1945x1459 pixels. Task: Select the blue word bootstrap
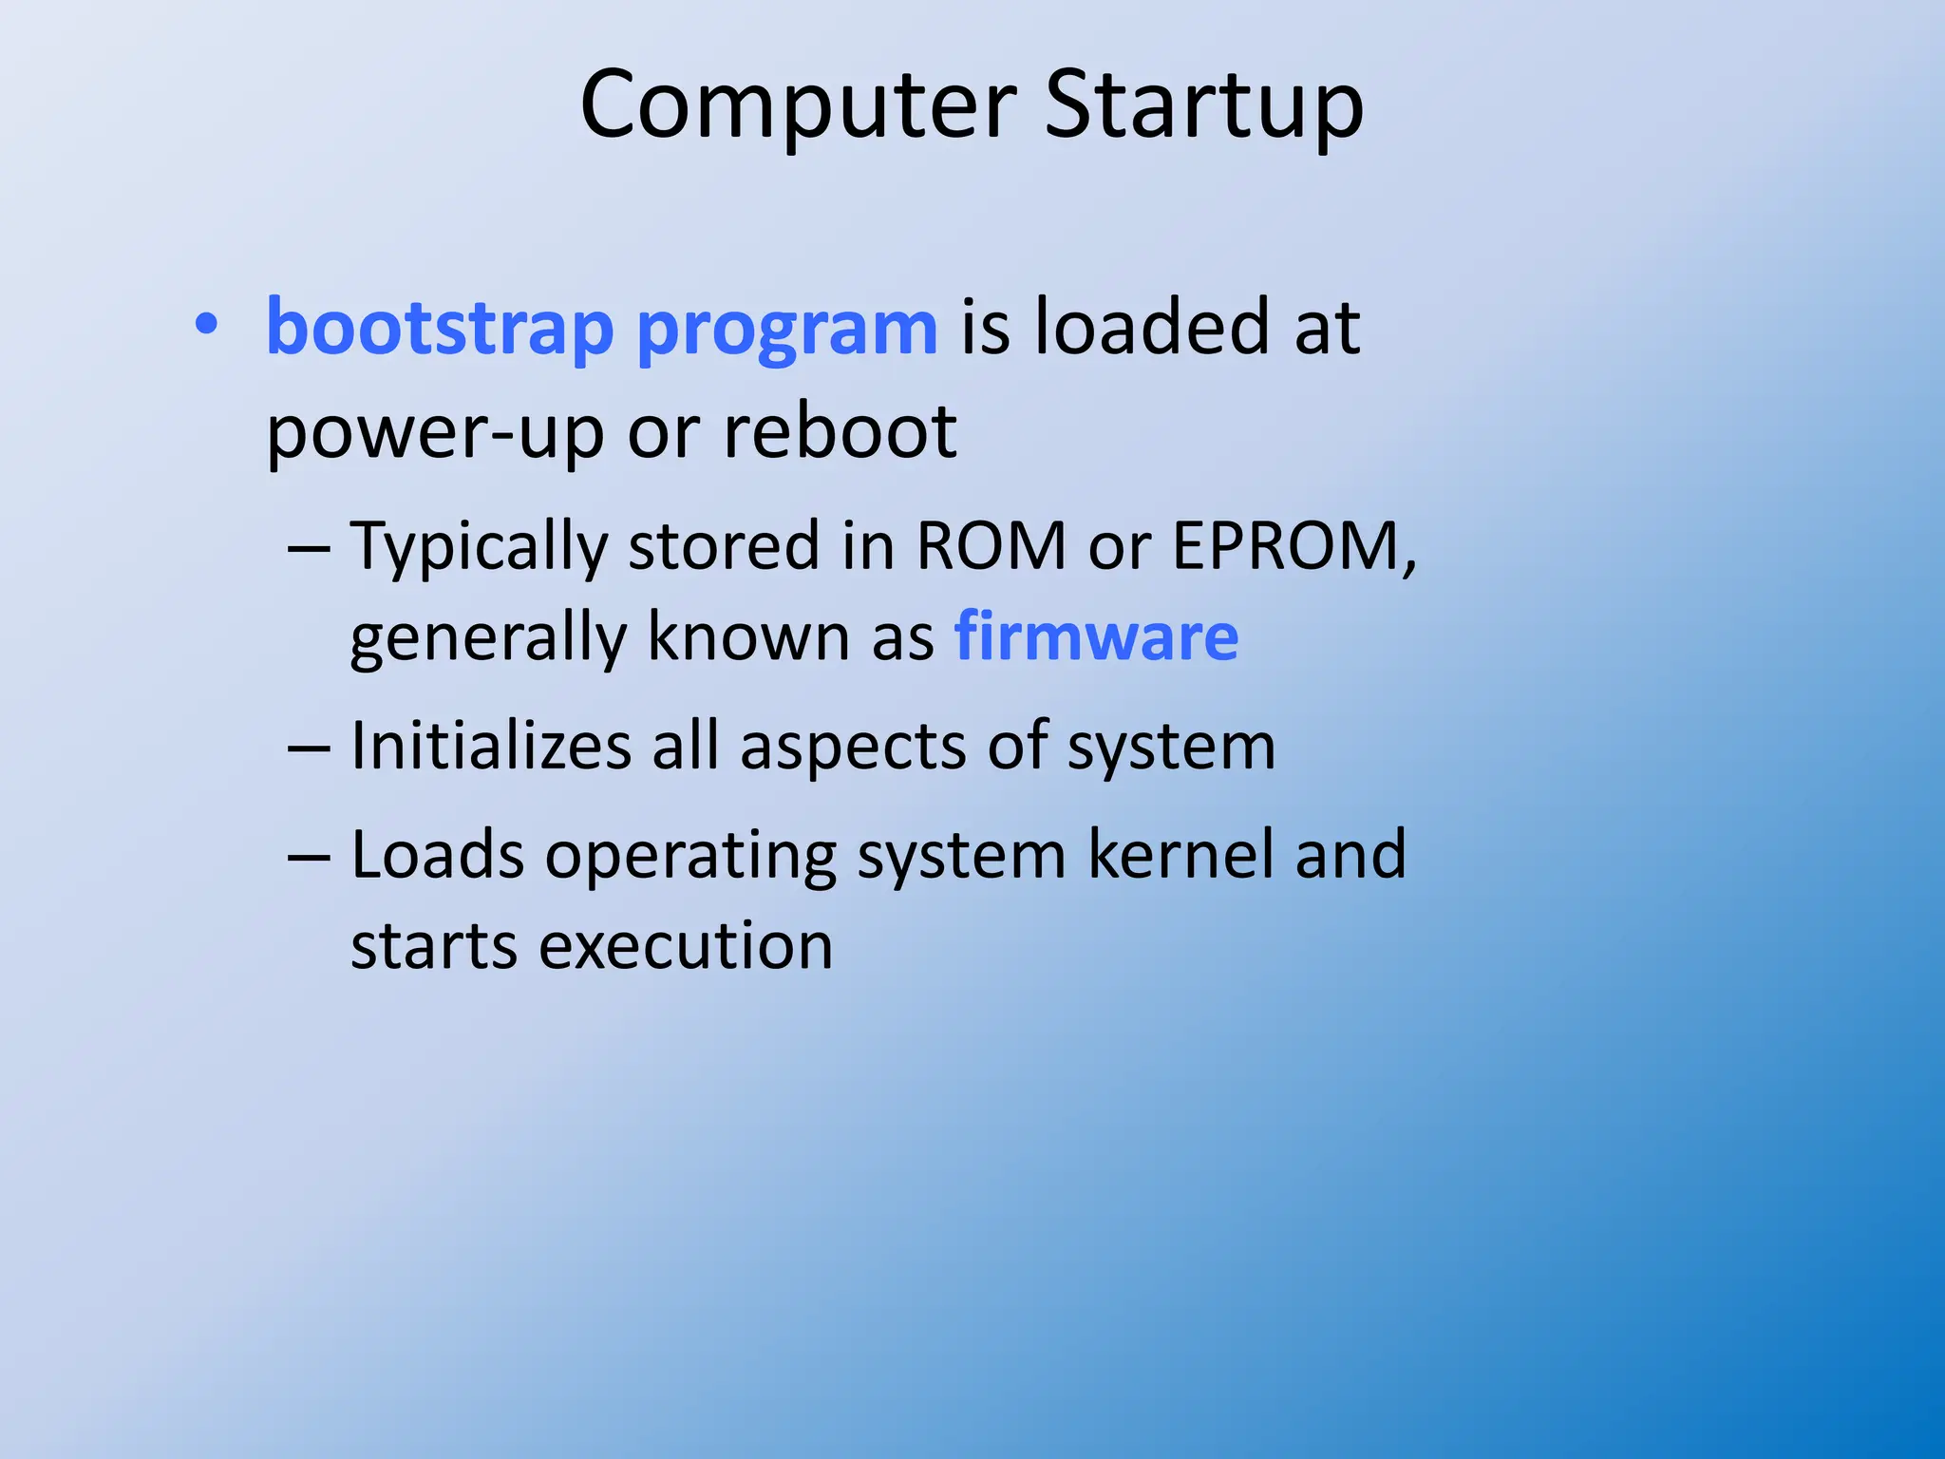(x=440, y=328)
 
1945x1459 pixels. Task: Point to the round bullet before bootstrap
(x=206, y=326)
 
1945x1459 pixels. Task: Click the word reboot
(x=840, y=432)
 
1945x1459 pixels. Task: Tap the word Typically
(x=479, y=549)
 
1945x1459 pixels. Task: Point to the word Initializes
(x=490, y=746)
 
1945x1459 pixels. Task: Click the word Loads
(x=437, y=854)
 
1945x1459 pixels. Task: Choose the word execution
(x=686, y=946)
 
